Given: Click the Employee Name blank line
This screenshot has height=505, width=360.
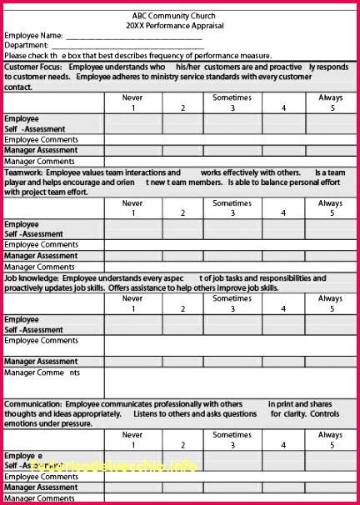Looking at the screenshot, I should (133, 37).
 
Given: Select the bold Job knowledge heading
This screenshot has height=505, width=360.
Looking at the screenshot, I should (31, 278).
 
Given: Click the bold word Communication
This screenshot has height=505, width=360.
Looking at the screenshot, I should (32, 403).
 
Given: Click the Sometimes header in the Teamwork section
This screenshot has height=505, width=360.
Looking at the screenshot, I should (232, 203).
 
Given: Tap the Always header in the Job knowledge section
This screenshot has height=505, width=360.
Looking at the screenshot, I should (330, 298).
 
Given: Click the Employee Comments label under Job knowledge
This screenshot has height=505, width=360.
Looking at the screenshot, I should (42, 341).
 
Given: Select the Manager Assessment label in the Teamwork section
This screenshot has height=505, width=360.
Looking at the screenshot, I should (42, 256).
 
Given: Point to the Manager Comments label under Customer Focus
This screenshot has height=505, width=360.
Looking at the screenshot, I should (39, 161).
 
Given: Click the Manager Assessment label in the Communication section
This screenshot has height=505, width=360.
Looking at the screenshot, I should (42, 487).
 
